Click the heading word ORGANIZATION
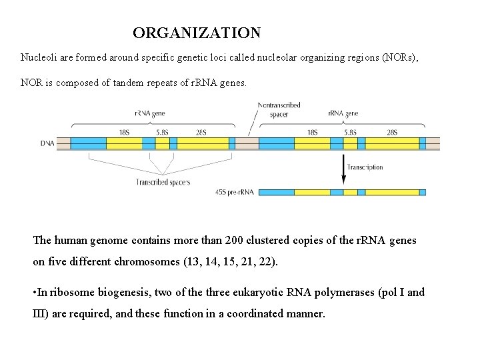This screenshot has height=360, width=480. tap(197, 33)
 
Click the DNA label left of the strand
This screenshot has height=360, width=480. tap(47, 143)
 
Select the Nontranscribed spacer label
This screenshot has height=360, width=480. tap(279, 110)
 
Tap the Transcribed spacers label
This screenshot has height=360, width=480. tap(163, 182)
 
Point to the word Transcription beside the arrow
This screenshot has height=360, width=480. tap(366, 167)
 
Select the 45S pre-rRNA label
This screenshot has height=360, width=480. tap(234, 193)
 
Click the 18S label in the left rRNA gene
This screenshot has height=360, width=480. tap(125, 132)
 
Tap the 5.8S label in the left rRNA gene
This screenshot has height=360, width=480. tap(163, 132)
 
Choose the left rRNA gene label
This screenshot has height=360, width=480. tap(149, 113)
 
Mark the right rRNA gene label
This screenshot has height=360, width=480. tap(343, 113)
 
